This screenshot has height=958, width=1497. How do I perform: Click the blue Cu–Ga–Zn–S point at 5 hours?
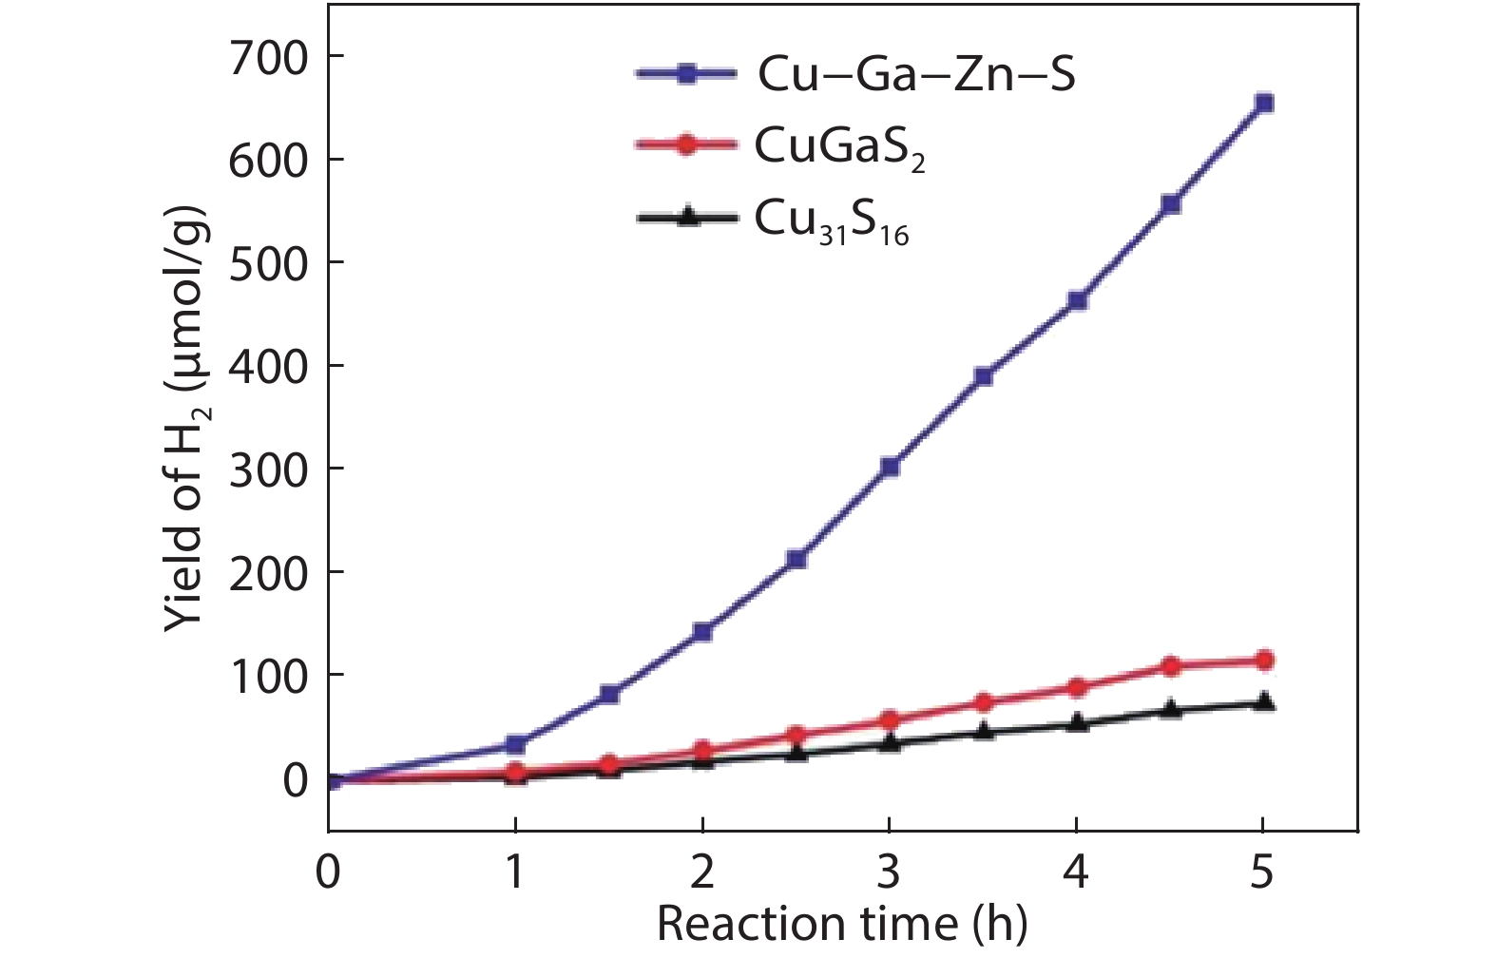(x=1263, y=104)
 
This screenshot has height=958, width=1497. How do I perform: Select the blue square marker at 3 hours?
(x=890, y=468)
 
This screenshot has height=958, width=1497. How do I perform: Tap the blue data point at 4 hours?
(x=1077, y=301)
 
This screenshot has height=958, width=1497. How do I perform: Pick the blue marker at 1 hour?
(x=515, y=744)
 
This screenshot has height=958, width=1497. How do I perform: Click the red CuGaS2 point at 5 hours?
(x=1263, y=661)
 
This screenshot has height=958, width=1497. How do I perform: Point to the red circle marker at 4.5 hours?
(x=1170, y=666)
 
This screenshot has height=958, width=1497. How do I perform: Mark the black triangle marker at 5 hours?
(x=1263, y=702)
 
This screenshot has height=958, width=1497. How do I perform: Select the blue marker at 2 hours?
(x=702, y=632)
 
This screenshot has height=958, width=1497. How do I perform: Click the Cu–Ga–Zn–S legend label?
(x=916, y=75)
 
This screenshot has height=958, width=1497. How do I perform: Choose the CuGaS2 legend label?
(x=839, y=147)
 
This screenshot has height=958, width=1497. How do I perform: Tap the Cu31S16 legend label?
(x=832, y=220)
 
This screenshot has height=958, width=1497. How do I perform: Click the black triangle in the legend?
(x=686, y=218)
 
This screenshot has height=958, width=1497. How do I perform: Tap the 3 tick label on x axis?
(x=890, y=872)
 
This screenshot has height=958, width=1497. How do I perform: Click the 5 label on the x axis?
(x=1262, y=872)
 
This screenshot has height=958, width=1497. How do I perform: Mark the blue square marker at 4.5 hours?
(x=1170, y=204)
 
